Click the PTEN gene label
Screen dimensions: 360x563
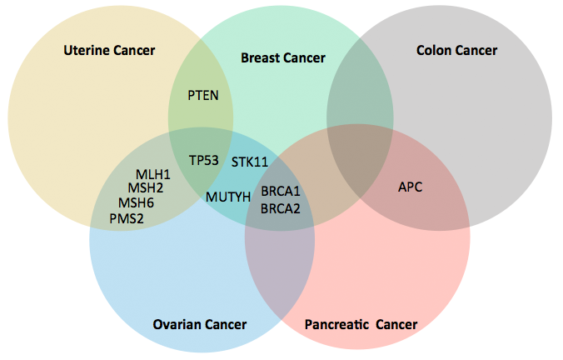click(203, 95)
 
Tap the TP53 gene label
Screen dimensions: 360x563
click(203, 160)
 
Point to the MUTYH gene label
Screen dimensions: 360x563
click(227, 197)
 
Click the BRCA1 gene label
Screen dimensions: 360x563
click(280, 192)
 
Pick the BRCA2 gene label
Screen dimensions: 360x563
click(280, 208)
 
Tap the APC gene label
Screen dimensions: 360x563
click(410, 187)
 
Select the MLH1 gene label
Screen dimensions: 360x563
click(153, 174)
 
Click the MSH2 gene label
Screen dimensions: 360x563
click(145, 188)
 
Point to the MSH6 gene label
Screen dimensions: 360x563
click(136, 202)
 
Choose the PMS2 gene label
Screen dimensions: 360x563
click(127, 218)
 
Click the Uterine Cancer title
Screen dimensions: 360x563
click(109, 51)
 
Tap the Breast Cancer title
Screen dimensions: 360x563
click(282, 57)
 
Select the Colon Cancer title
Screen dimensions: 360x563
click(456, 51)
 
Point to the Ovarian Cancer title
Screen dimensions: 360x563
click(200, 324)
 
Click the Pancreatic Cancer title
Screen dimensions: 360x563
click(361, 324)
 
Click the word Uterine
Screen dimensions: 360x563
click(87, 51)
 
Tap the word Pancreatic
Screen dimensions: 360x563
click(336, 324)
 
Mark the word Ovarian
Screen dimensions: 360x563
click(177, 324)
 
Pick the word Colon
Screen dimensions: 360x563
click(433, 51)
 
